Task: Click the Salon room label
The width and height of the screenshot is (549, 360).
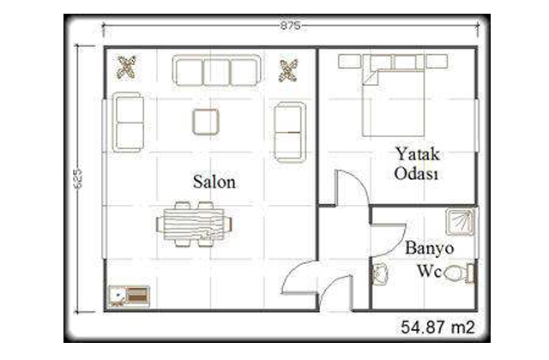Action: point(214,182)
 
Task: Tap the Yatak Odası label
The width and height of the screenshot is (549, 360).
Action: point(417,164)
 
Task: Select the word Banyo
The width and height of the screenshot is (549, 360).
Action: point(429,248)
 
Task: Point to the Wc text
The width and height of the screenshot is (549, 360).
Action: point(429,271)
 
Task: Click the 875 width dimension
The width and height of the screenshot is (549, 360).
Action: point(290,26)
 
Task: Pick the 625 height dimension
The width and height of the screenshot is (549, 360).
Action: point(78,179)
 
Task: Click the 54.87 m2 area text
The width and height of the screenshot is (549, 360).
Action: point(437,327)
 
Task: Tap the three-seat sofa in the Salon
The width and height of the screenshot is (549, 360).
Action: point(216,70)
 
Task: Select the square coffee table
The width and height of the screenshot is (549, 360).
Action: point(206,122)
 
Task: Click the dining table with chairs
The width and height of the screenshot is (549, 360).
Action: point(194,225)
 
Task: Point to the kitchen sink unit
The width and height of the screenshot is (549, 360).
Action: point(129,297)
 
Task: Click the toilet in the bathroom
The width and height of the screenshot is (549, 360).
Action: point(460,273)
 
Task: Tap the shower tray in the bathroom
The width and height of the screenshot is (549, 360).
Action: point(460,222)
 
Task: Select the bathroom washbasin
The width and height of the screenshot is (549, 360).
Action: point(380,274)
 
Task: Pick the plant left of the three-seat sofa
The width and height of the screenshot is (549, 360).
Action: point(126,67)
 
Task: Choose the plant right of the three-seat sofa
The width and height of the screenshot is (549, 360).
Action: point(288,70)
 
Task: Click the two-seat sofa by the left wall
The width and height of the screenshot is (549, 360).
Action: point(128,122)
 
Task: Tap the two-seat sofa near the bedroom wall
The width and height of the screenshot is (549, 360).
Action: point(290,132)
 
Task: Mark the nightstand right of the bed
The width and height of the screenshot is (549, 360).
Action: point(437,61)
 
